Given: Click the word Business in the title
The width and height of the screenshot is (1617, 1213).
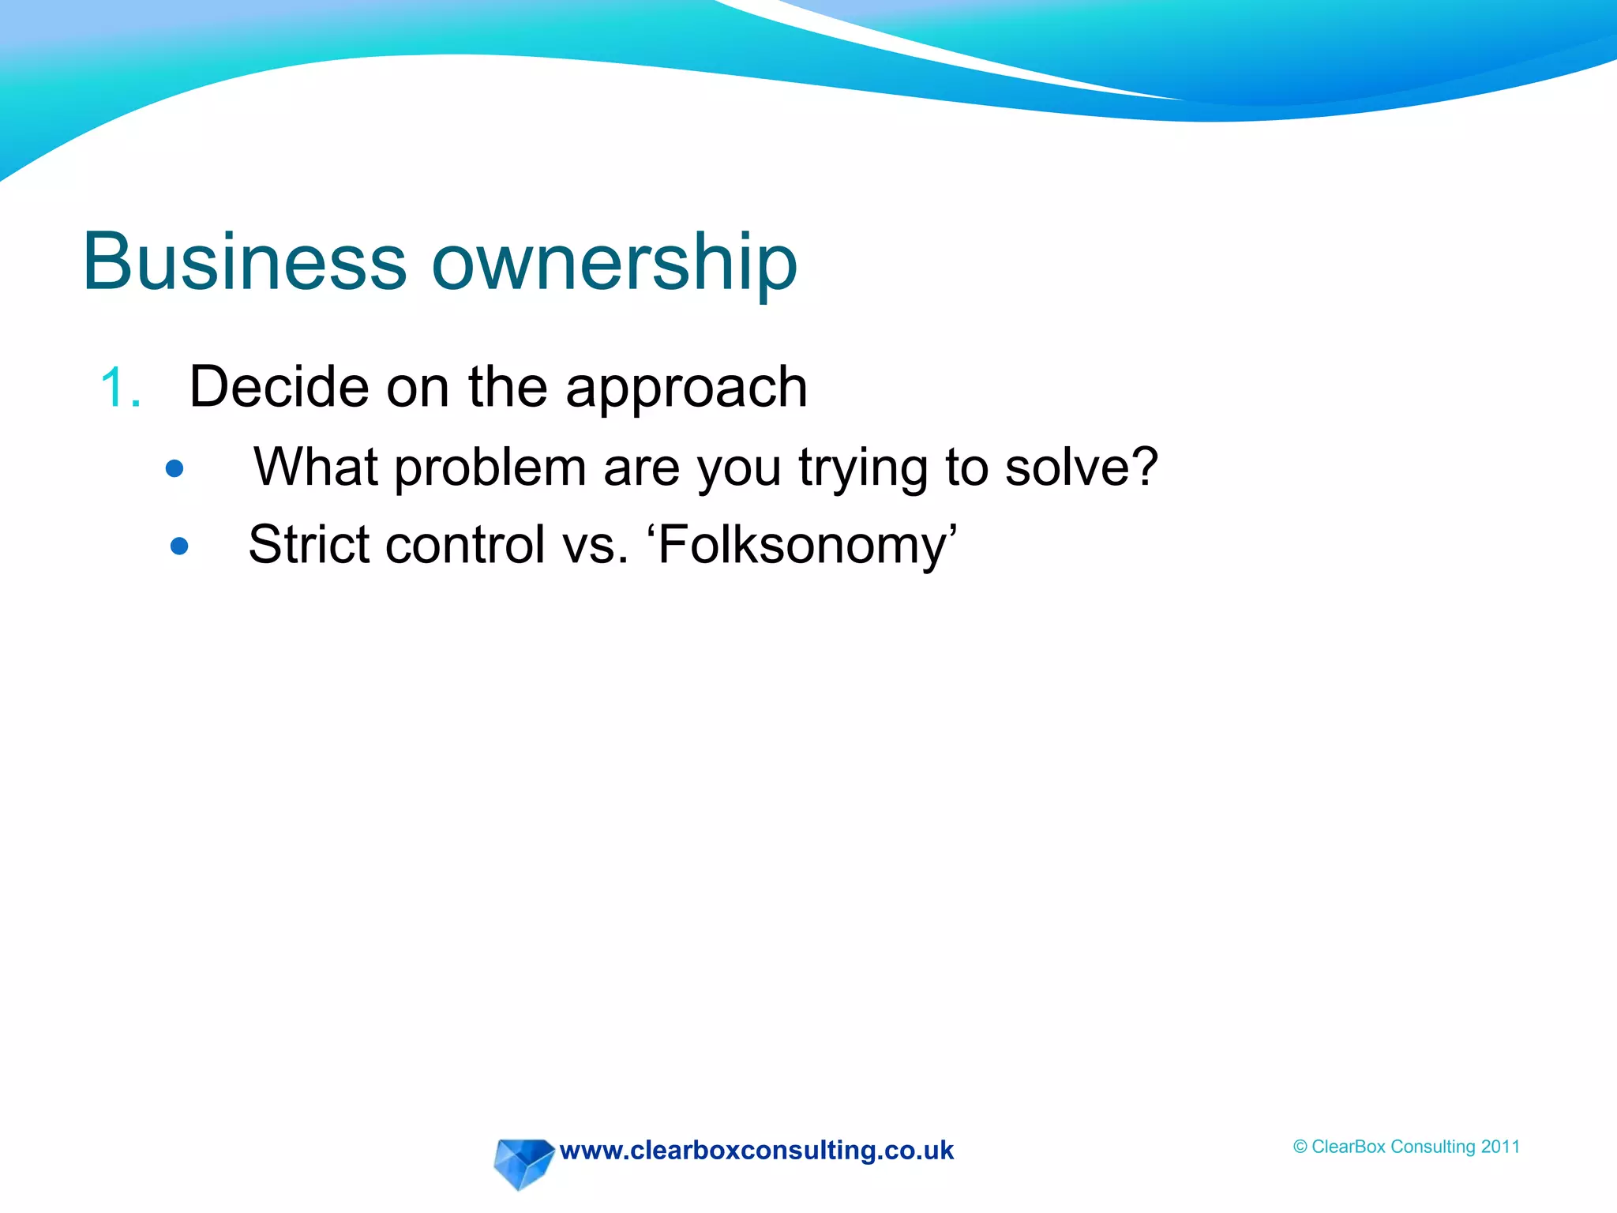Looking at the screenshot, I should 244,262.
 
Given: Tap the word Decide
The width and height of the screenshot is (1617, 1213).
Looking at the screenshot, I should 279,387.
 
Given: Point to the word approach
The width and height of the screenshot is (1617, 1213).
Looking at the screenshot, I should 686,390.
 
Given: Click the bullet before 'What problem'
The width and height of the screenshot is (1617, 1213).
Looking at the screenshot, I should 174,469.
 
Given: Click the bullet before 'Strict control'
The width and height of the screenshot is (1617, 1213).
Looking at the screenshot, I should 179,546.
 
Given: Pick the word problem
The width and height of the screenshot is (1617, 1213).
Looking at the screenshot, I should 490,468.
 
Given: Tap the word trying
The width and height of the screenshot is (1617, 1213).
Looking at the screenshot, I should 863,470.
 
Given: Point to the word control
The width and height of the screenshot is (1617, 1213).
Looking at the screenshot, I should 465,544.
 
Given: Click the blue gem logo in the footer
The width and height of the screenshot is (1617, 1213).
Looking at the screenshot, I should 523,1162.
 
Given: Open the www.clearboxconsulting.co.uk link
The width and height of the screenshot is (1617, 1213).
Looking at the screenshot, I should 756,1151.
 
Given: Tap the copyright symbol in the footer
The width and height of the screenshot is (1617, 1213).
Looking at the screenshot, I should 1300,1147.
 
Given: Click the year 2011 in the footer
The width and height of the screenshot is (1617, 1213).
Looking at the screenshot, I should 1500,1147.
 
